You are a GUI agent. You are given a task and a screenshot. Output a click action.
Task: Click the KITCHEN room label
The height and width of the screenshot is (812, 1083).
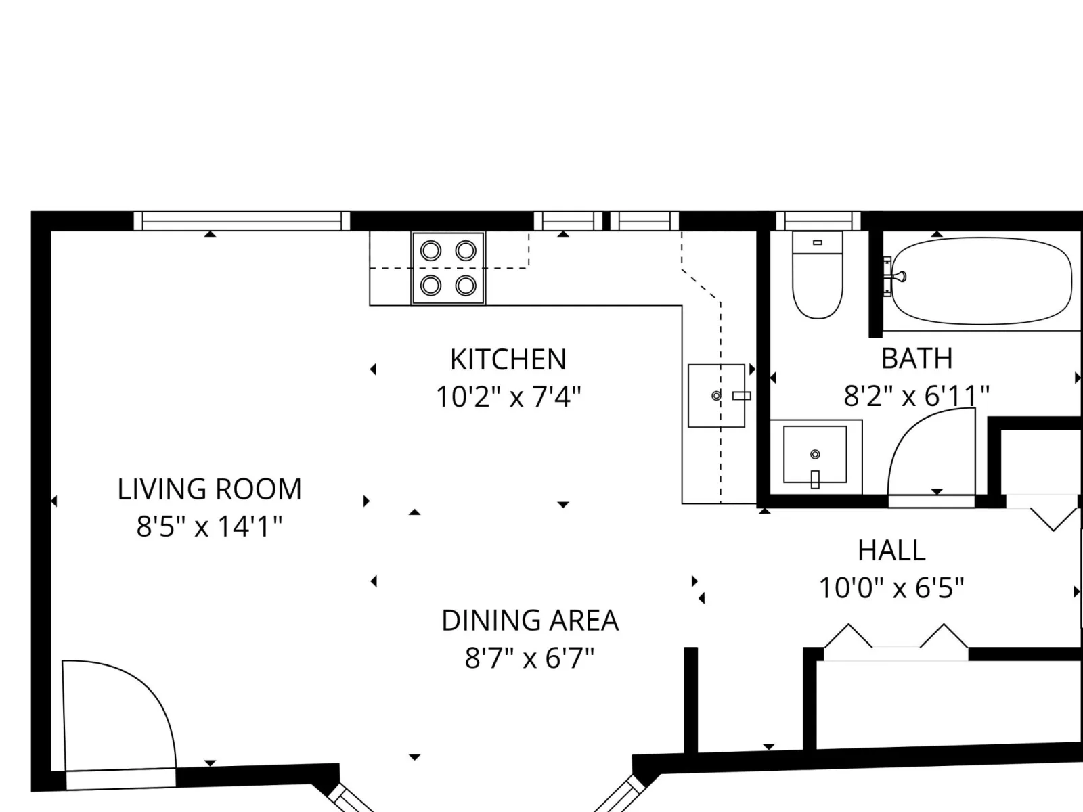(508, 359)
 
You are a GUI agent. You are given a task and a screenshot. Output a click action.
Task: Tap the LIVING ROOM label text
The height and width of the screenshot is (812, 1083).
(209, 489)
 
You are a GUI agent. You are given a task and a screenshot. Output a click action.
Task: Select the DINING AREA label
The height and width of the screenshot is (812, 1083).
(530, 621)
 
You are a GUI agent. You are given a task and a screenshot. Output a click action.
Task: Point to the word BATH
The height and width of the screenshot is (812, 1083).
(916, 359)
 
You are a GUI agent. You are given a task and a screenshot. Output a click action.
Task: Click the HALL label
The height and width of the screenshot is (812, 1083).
(891, 550)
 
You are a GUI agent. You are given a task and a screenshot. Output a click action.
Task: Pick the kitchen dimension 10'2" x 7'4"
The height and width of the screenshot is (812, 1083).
(509, 397)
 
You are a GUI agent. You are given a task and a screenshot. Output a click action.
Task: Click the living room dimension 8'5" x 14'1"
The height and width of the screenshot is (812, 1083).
(209, 526)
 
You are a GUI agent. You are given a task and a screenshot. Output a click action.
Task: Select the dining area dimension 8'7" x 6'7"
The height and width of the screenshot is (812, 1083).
(529, 657)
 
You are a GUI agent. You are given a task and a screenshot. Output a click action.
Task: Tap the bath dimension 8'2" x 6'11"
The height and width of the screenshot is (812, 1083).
(916, 396)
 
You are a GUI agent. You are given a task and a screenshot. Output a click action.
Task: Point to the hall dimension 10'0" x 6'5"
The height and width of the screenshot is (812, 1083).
(891, 587)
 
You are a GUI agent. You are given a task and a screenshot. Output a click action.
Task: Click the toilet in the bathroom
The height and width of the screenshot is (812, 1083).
(817, 275)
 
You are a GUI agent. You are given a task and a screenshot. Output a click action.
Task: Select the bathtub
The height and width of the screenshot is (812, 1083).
(982, 281)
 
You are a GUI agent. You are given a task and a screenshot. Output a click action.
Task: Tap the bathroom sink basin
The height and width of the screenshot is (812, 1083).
(815, 455)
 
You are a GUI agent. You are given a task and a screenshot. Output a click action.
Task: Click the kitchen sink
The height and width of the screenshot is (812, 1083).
(716, 395)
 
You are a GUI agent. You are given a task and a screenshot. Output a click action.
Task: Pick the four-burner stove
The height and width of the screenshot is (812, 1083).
(448, 268)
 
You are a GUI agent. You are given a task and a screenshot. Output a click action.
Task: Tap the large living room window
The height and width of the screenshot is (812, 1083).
(242, 221)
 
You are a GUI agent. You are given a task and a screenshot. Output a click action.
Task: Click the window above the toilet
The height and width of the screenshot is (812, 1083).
(818, 221)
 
